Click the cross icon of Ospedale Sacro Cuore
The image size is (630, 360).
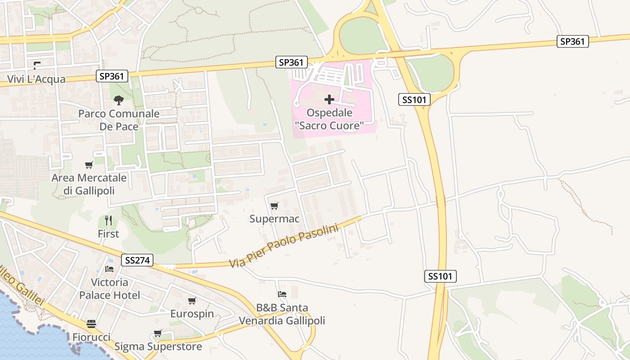pos(329,99)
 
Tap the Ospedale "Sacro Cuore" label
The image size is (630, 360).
pos(329,119)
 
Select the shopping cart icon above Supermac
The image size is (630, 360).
pos(274,206)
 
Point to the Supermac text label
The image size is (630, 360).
pos(274,219)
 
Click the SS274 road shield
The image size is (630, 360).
pos(137,260)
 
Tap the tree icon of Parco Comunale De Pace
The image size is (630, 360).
pos(119,100)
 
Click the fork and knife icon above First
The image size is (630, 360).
pos(108,220)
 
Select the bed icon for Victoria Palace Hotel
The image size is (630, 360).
pos(109,269)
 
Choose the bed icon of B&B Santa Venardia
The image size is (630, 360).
pos(282,294)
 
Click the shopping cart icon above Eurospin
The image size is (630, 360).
pos(192,301)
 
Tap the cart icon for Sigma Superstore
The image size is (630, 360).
pos(157,333)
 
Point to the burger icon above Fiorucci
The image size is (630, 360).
pos(91,324)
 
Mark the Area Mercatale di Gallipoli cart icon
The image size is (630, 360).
pos(89,165)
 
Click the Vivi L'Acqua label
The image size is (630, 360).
pos(36,80)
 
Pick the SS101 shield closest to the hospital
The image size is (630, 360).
pos(414,99)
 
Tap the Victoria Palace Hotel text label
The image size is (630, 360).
pos(109,289)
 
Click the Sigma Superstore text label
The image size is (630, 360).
pos(158,346)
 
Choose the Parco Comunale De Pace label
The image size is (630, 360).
pos(119,120)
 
